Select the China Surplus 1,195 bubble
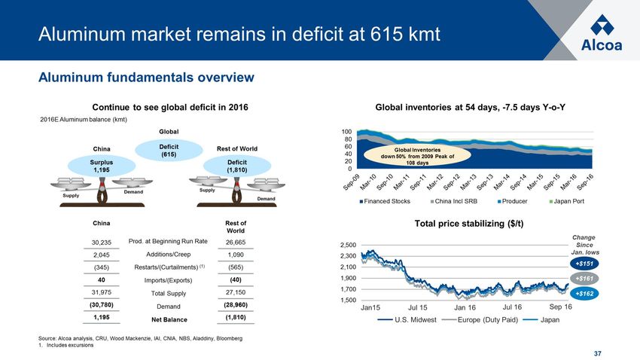(101, 165)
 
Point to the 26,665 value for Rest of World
(236, 242)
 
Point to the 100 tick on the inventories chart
(347, 131)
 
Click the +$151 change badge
(584, 264)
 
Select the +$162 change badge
(584, 292)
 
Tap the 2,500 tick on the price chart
(348, 246)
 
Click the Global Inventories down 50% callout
(416, 156)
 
